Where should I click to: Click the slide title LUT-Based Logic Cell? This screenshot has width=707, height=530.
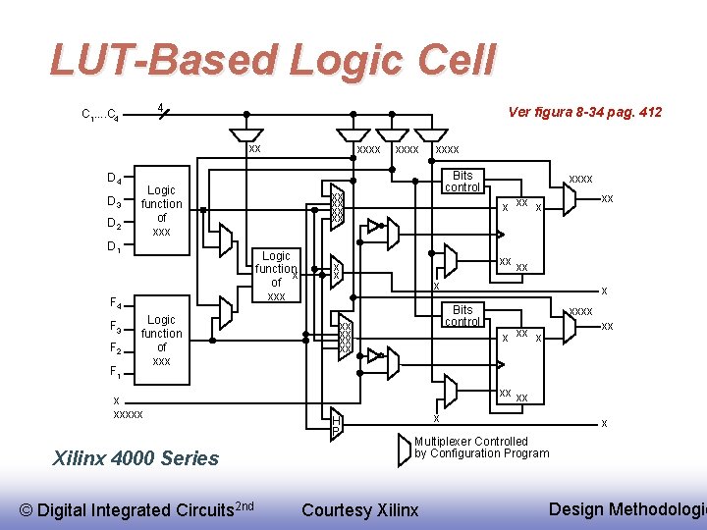tap(273, 61)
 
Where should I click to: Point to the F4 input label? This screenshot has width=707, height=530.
tap(114, 302)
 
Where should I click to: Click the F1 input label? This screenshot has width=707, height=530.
tap(114, 372)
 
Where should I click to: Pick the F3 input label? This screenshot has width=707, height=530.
tap(114, 326)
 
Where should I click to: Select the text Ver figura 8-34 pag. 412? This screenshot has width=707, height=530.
tap(584, 112)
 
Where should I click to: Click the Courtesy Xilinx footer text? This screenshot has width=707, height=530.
tap(359, 509)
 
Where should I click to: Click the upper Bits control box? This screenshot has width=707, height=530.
tap(462, 182)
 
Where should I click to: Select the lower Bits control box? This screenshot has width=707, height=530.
tap(462, 315)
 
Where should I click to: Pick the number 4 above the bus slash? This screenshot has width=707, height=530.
tap(159, 106)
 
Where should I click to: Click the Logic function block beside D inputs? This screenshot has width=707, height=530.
tap(161, 211)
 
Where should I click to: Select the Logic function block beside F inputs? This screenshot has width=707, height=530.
tap(161, 340)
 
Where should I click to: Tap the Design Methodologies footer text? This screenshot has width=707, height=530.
tap(626, 508)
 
